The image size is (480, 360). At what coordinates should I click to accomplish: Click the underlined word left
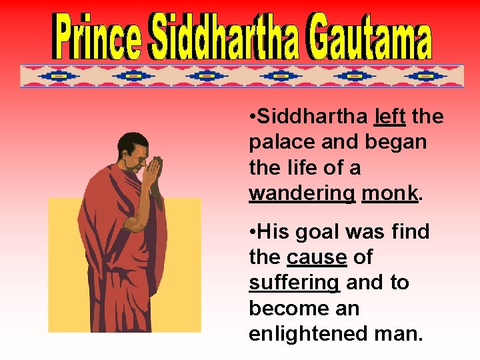coord(390,117)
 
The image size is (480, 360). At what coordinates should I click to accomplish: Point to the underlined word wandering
coord(302,193)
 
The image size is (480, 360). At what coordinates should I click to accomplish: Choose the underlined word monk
coord(390,193)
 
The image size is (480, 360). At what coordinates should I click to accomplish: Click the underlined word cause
coord(317,257)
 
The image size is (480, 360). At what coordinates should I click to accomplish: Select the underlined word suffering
coord(294,283)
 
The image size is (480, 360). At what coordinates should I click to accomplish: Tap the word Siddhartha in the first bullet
coord(312,117)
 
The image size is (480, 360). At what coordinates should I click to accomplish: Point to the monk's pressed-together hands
coord(154,174)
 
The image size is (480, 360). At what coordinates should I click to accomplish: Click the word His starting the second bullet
coord(271,232)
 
